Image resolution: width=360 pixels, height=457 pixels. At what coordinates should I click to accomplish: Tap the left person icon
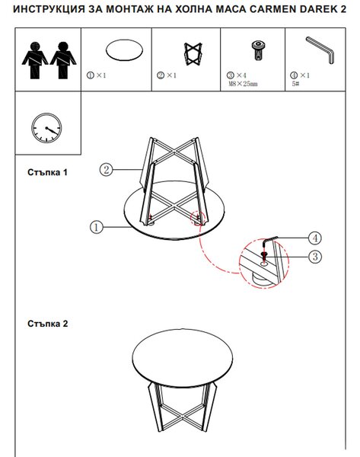pyautogui.click(x=35, y=60)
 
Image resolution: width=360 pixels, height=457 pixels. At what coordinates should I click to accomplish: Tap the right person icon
pyautogui.click(x=63, y=60)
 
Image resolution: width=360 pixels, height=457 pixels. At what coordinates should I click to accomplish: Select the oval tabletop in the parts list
pyautogui.click(x=124, y=50)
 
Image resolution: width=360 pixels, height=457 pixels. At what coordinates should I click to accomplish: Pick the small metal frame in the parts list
pyautogui.click(x=193, y=54)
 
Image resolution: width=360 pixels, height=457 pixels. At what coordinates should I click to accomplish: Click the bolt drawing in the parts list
pyautogui.click(x=258, y=50)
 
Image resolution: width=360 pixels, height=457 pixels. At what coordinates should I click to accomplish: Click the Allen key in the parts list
pyautogui.click(x=320, y=50)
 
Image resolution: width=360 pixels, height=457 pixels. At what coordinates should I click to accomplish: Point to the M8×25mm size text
pyautogui.click(x=243, y=84)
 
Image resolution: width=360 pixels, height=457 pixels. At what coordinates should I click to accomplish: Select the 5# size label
pyautogui.click(x=295, y=84)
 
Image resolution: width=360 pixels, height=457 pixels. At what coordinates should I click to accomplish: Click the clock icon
pyautogui.click(x=46, y=128)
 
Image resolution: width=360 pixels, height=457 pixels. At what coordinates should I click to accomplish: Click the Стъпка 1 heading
pyautogui.click(x=47, y=172)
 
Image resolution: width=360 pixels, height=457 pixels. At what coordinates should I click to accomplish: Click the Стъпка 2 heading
pyautogui.click(x=47, y=324)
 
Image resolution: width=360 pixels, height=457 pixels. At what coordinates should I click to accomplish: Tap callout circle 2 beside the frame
pyautogui.click(x=106, y=169)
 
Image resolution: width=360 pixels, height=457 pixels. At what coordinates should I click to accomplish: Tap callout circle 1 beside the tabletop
pyautogui.click(x=97, y=227)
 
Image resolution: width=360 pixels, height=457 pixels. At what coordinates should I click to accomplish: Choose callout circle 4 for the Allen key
pyautogui.click(x=315, y=238)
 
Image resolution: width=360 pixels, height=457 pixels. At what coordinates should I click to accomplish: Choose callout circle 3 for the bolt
pyautogui.click(x=315, y=257)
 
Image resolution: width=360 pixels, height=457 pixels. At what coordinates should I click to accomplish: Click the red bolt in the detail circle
pyautogui.click(x=264, y=256)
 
